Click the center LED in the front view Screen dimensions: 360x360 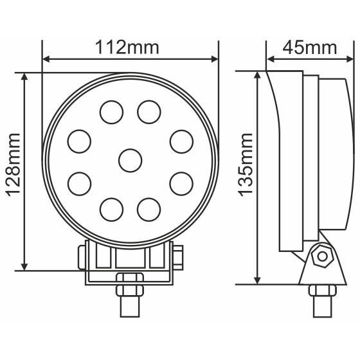coord(130,159)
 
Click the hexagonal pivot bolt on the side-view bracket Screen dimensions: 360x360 coord(319,258)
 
